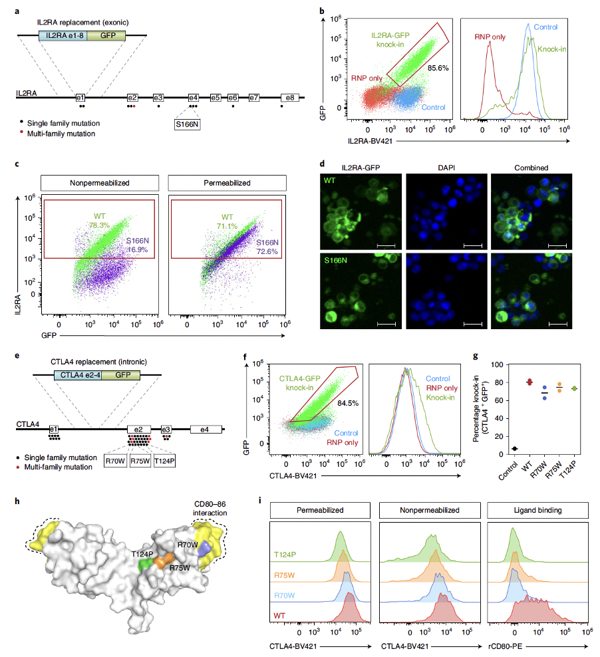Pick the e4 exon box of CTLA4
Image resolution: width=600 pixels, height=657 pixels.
(205, 430)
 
